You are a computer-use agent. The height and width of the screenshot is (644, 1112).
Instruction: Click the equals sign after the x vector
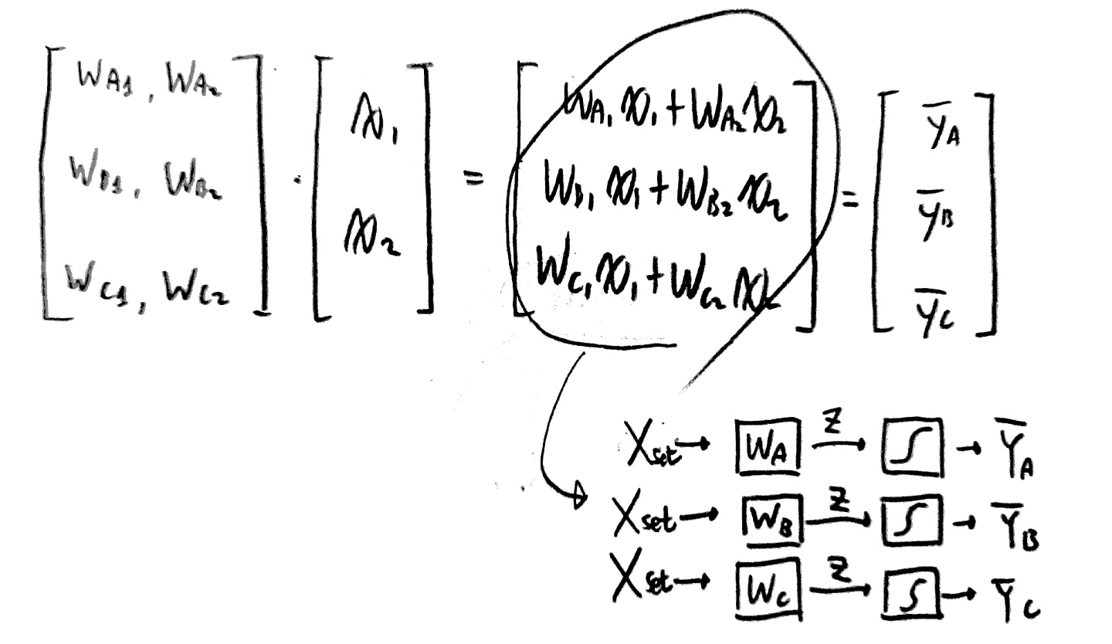pyautogui.click(x=472, y=179)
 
